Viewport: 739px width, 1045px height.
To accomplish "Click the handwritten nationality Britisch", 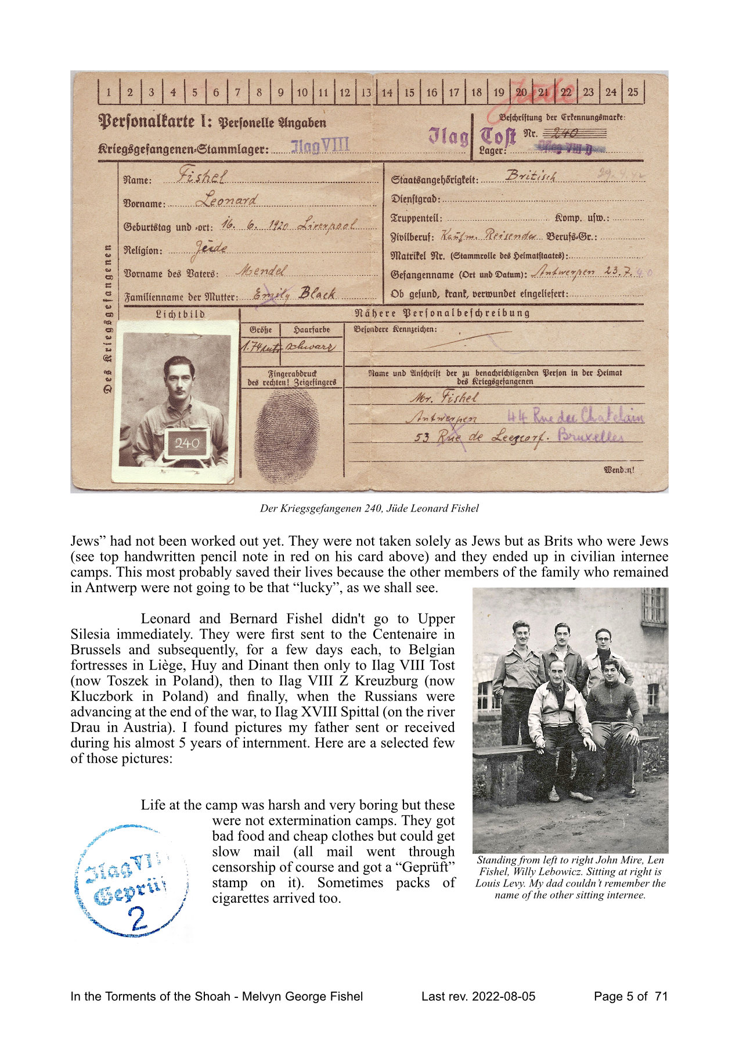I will pyautogui.click(x=531, y=175).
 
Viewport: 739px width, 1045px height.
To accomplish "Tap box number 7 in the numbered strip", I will pyautogui.click(x=237, y=92).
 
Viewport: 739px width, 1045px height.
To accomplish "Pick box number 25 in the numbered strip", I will pyautogui.click(x=633, y=92).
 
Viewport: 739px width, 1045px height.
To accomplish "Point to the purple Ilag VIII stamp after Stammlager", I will pyautogui.click(x=320, y=146).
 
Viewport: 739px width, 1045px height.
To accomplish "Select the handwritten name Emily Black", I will pyautogui.click(x=296, y=294).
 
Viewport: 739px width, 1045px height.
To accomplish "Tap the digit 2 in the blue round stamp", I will pyautogui.click(x=137, y=918).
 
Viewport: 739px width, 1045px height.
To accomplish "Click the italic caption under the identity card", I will pyautogui.click(x=369, y=509).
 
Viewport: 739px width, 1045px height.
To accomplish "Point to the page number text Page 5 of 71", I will pyautogui.click(x=630, y=996).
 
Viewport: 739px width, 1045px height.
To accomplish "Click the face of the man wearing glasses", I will pyautogui.click(x=604, y=639).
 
